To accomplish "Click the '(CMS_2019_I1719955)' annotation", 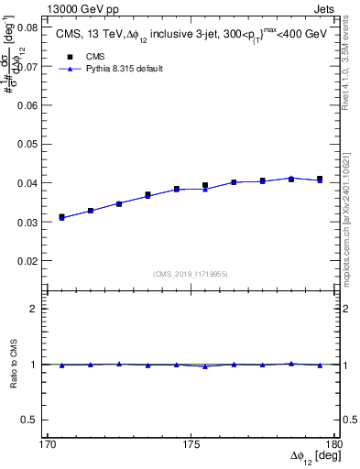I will coord(191,273).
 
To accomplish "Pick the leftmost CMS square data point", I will coord(61,217).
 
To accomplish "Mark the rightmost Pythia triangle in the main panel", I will coord(319,180).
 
